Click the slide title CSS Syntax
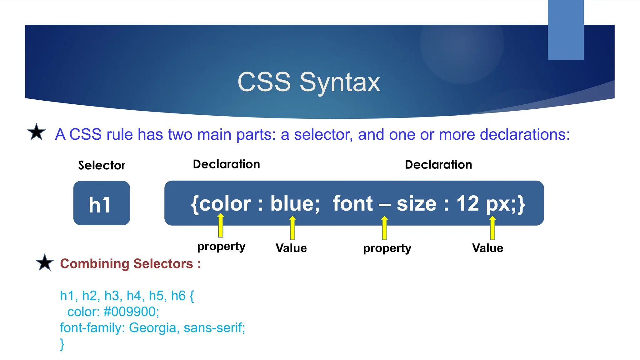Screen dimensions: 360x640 pos(309,82)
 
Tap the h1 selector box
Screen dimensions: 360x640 pos(102,203)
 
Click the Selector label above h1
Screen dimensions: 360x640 pos(102,165)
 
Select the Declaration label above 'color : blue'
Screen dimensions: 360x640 pos(226,164)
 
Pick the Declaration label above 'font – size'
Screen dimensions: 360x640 pos(438,164)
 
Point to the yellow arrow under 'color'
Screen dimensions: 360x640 pos(221,226)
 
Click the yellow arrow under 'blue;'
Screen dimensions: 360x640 pos(292,228)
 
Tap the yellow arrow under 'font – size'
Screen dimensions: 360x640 pos(384,228)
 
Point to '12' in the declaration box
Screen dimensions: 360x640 pos(467,204)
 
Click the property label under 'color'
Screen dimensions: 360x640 pos(221,247)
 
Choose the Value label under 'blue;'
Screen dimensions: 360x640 pos(291,248)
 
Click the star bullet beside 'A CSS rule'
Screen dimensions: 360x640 pos(37,132)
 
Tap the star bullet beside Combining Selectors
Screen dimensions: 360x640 pos(45,262)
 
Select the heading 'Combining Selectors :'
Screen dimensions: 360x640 pos(130,263)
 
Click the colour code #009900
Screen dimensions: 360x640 pos(131,312)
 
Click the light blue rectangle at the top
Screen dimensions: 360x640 pos(566,30)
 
